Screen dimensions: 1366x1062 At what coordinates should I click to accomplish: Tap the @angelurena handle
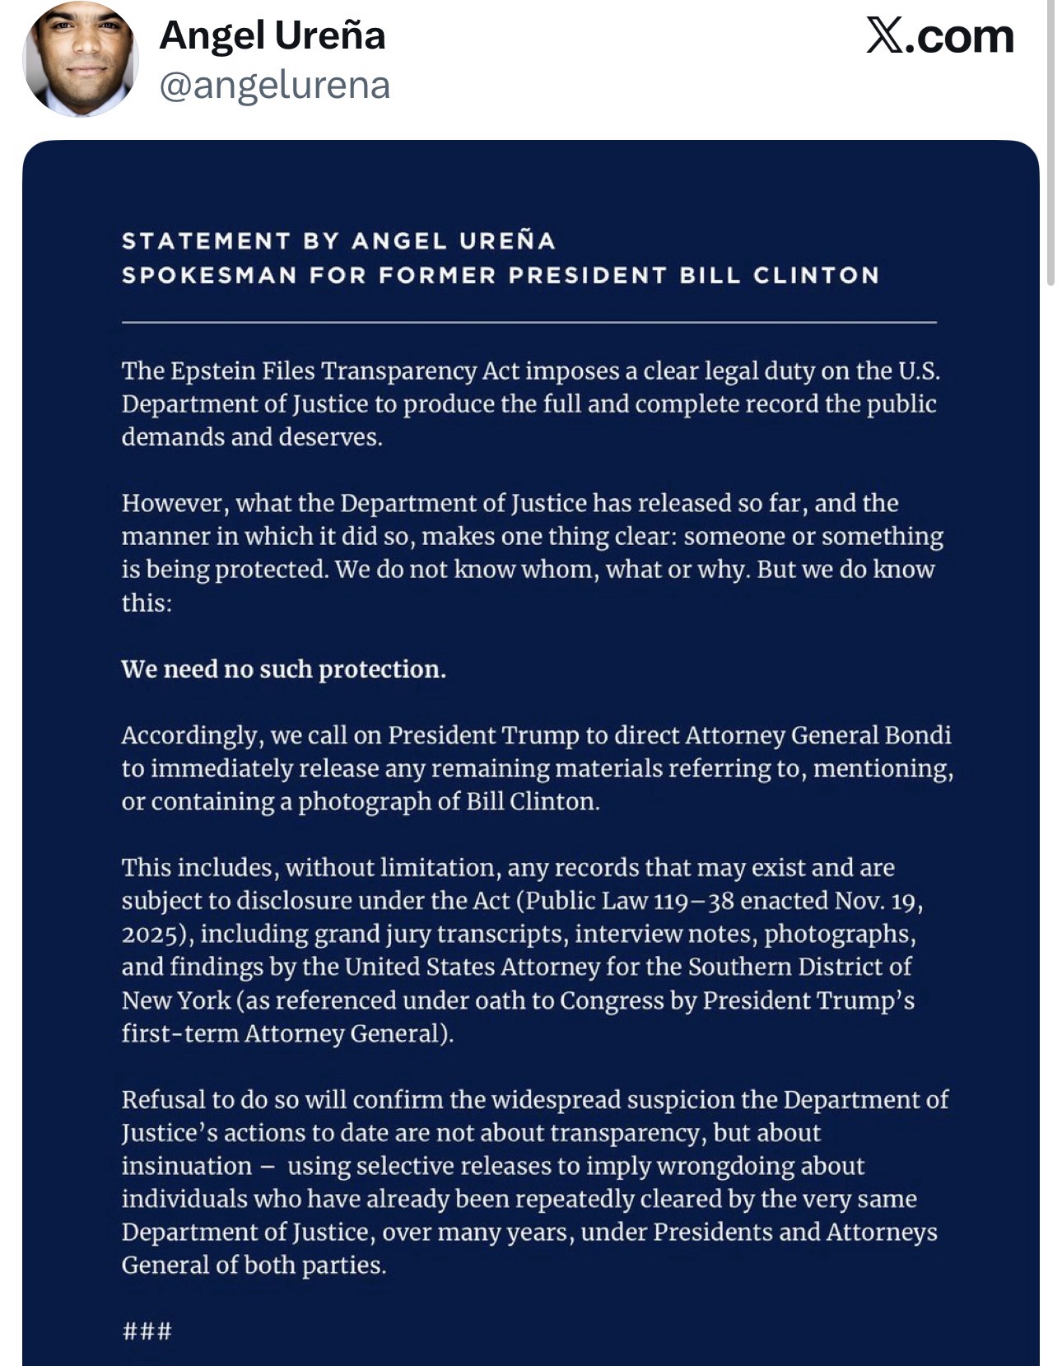pyautogui.click(x=274, y=86)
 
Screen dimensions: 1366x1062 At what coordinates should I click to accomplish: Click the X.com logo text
pyautogui.click(x=939, y=36)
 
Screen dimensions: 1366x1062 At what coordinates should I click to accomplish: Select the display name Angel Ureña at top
pyautogui.click(x=272, y=35)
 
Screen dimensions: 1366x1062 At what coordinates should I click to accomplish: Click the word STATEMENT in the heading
pyautogui.click(x=206, y=241)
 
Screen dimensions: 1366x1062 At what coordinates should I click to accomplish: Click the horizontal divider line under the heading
pyautogui.click(x=529, y=322)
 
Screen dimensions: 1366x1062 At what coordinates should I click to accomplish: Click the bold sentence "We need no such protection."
pyautogui.click(x=283, y=669)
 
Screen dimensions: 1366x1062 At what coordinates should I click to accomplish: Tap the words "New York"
pyautogui.click(x=176, y=1000)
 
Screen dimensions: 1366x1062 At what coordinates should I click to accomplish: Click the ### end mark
pyautogui.click(x=147, y=1331)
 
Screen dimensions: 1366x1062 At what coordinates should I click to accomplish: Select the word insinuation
pyautogui.click(x=187, y=1167)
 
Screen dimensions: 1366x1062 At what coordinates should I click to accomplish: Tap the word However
pyautogui.click(x=174, y=503)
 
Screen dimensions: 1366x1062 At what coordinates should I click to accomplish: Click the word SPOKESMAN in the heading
pyautogui.click(x=209, y=275)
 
